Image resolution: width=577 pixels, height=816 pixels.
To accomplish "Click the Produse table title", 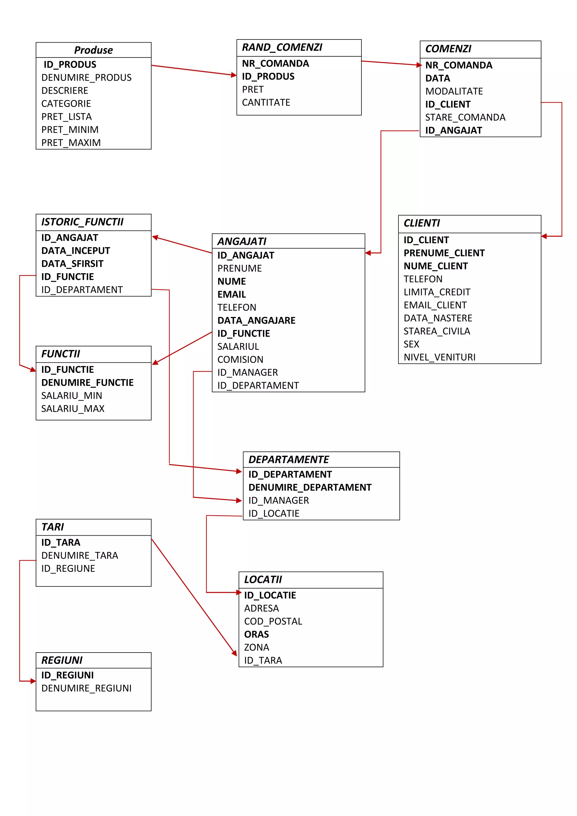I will pos(94,50).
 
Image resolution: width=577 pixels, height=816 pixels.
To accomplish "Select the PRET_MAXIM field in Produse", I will pos(71,143).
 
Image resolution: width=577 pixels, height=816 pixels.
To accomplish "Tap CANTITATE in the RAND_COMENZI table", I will pos(266,103).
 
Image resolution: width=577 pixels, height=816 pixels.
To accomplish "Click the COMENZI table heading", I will pos(448,49).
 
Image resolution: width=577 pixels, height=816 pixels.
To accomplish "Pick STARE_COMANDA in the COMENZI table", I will pos(465,117).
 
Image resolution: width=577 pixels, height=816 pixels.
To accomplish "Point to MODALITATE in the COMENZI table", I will pos(454,91).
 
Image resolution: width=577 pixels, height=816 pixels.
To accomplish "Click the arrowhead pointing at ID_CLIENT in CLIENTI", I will pos(545,236).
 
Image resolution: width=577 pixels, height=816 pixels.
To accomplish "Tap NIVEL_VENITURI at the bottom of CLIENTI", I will pos(439,357).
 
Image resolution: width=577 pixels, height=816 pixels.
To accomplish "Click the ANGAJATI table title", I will pos(242,241).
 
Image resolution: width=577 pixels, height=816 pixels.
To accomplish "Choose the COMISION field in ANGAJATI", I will pos(240,360).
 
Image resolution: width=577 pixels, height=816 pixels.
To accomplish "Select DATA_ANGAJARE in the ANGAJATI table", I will pos(256,321).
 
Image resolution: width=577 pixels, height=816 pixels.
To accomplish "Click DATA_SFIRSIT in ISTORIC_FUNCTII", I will pos(72,264).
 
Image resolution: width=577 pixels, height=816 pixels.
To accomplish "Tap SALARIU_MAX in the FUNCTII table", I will pos(73,409).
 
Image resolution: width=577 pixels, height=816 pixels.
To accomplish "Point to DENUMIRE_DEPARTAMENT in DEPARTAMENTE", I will pos(310,488).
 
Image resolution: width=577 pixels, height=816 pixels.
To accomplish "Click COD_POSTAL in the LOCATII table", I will pos(273,621).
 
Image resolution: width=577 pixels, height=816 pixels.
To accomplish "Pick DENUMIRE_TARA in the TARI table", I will pos(79,555).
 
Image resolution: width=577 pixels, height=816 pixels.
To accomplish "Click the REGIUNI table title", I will pos(62,660).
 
